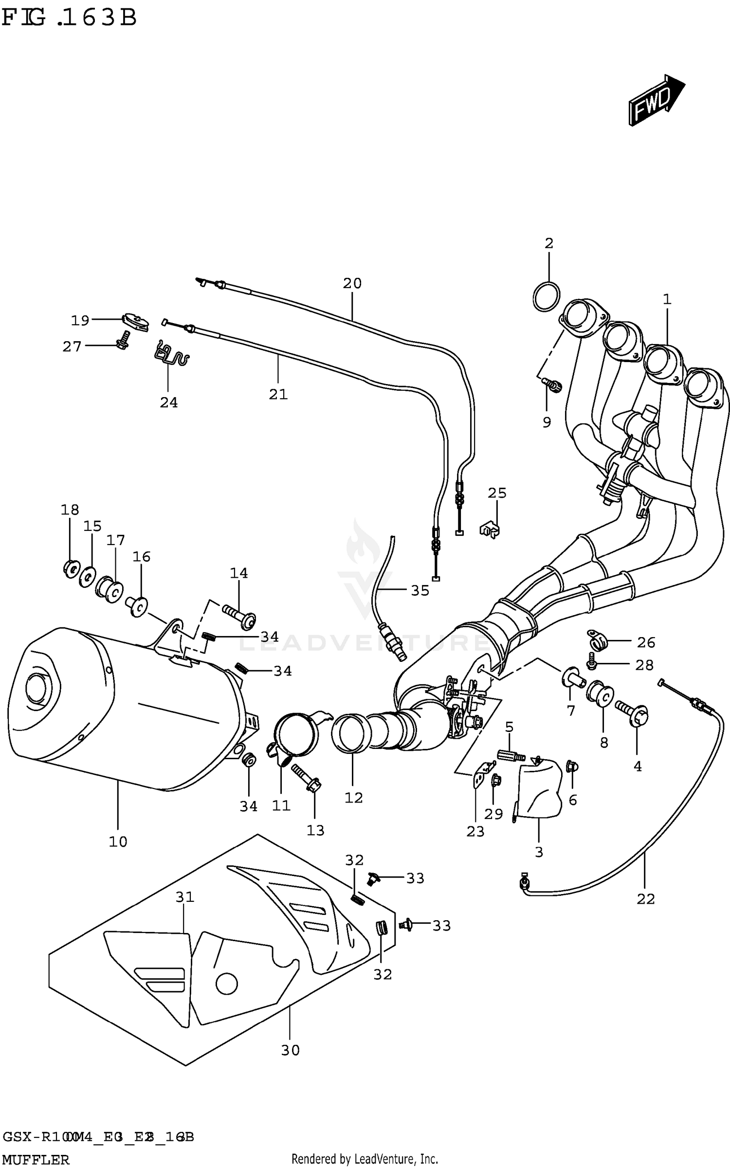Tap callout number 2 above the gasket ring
coord(549,244)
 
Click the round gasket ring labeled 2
coord(547,297)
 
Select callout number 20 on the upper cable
coord(352,283)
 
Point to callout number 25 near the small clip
coord(497,493)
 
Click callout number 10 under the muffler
coord(118,841)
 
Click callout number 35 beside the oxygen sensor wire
coord(420,590)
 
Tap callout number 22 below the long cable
coord(646,899)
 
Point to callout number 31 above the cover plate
coord(185,896)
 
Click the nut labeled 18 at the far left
coord(71,568)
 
